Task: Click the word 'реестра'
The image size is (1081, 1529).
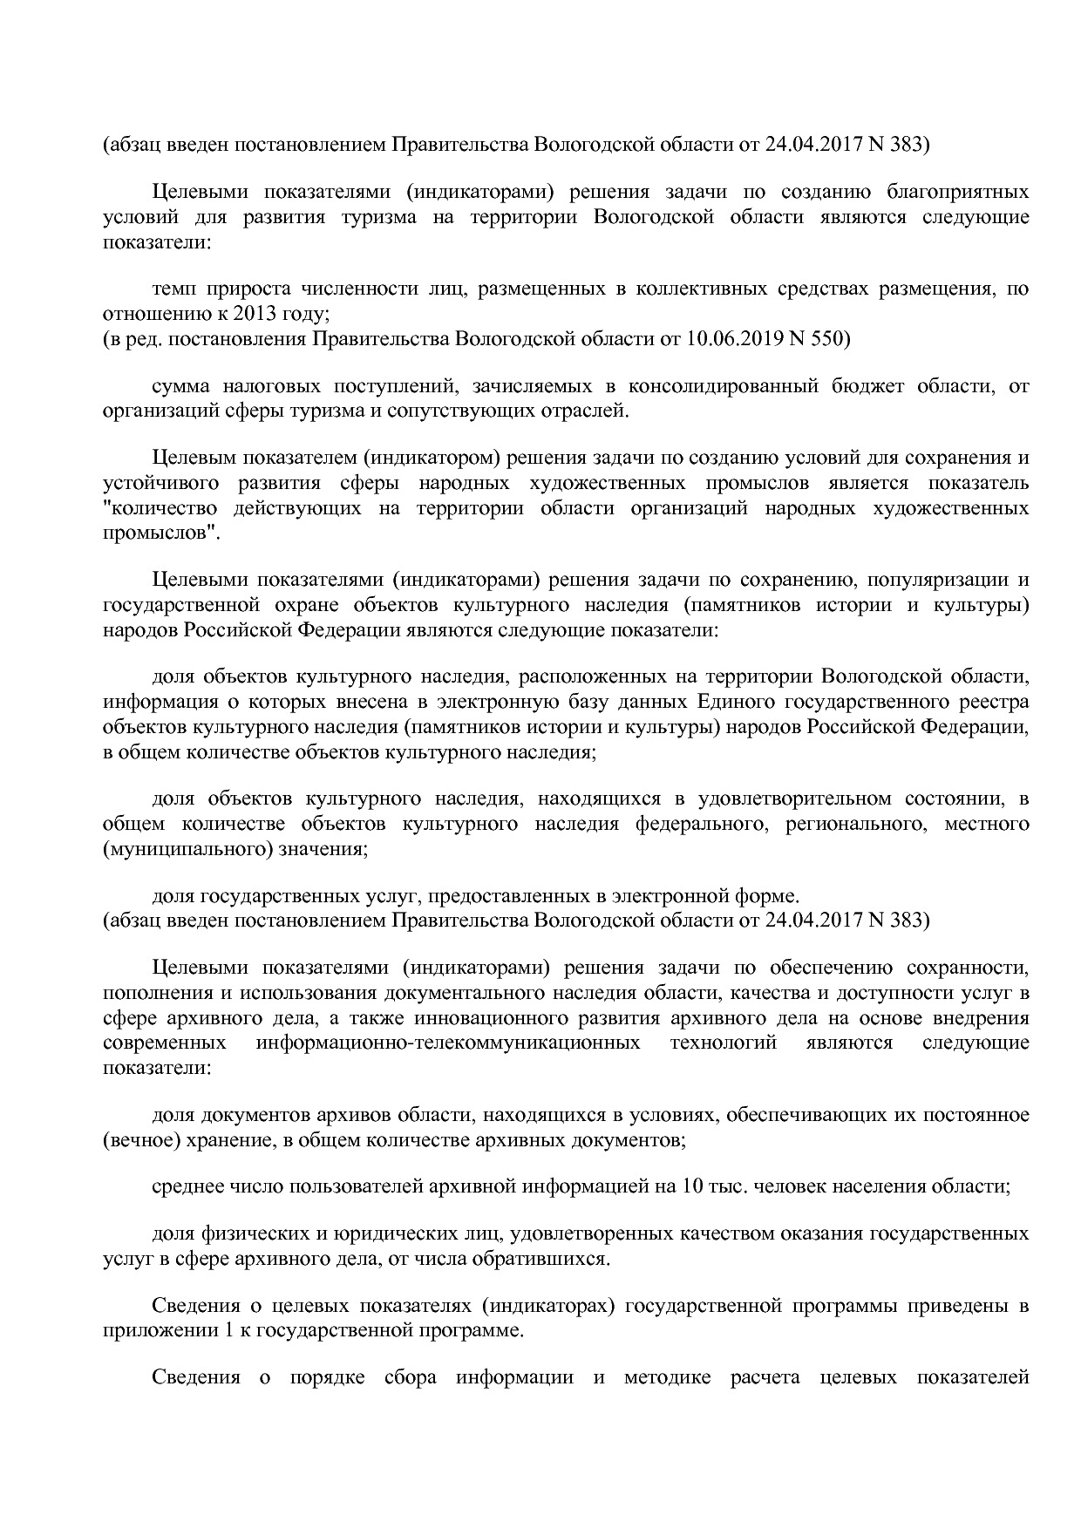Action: coord(995,701)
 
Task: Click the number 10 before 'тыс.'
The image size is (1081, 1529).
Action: coord(694,1186)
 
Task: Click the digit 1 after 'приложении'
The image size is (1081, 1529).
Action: coord(198,1331)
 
